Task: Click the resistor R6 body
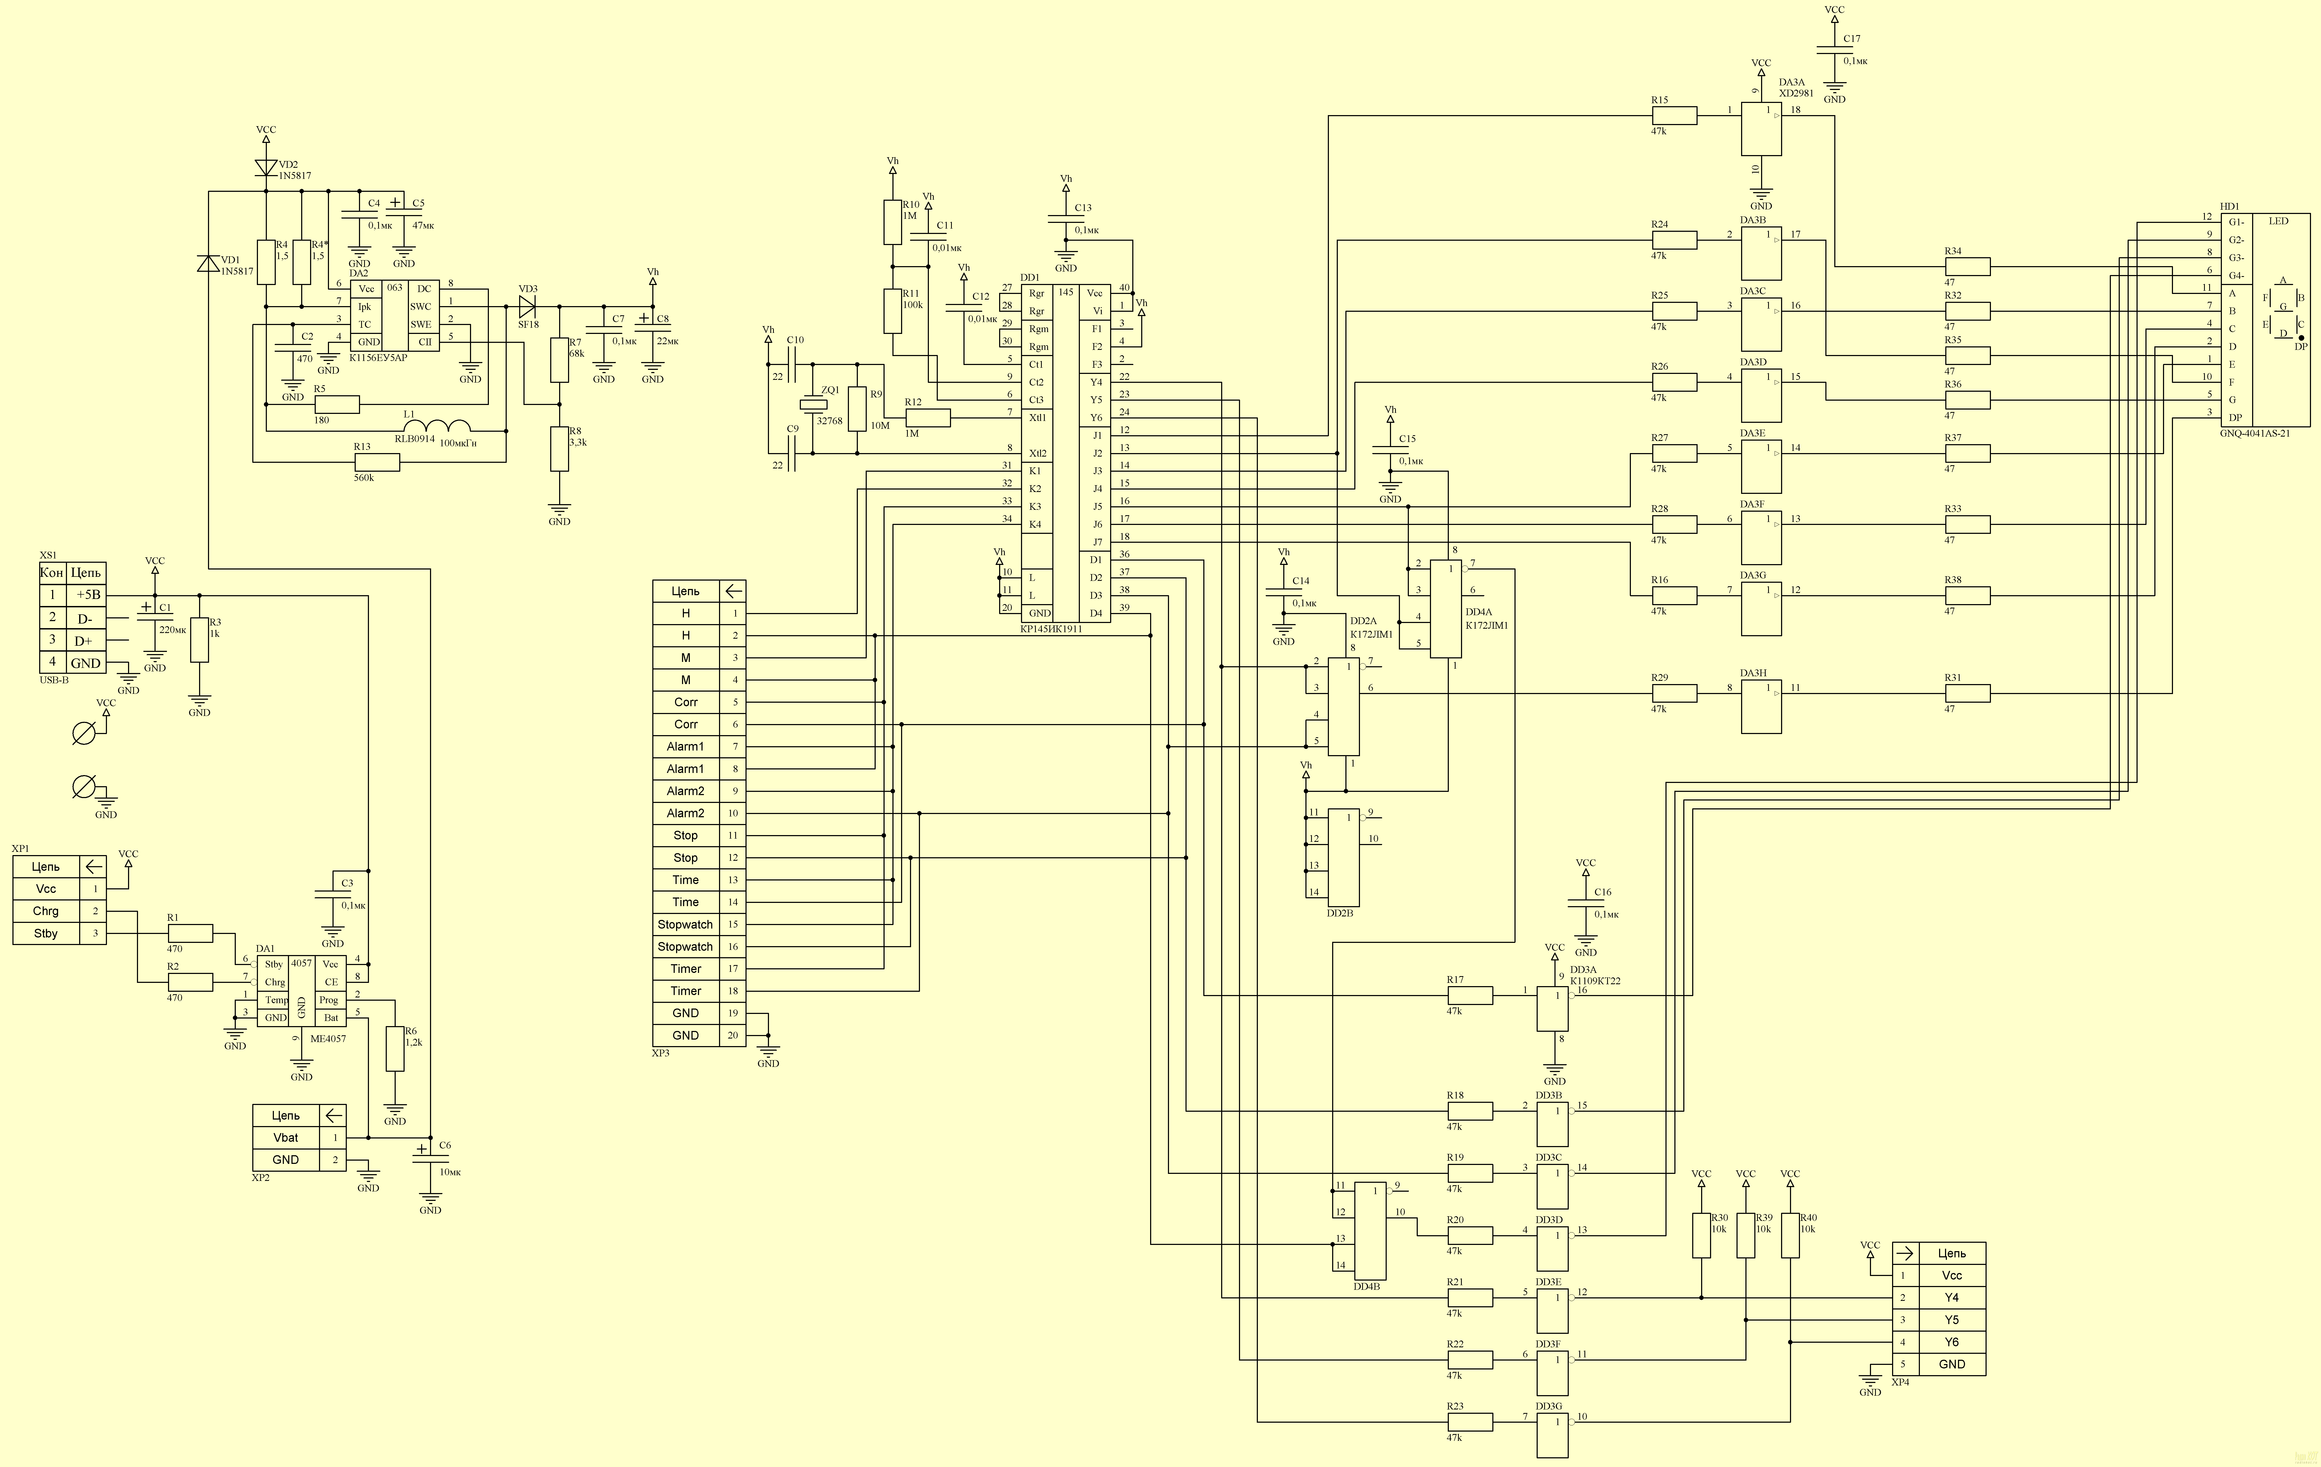[394, 1049]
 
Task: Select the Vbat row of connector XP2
[299, 1137]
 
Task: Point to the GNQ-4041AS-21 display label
[2255, 434]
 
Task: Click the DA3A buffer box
[1761, 129]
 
